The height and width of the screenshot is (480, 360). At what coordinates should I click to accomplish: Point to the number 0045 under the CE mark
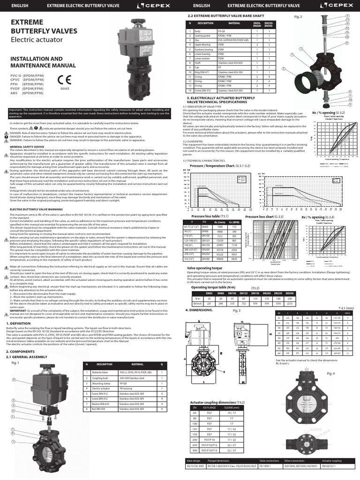[x=65, y=88]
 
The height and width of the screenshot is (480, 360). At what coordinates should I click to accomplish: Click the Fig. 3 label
[x=236, y=310]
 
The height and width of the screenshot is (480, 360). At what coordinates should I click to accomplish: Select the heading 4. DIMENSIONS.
[x=199, y=310]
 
